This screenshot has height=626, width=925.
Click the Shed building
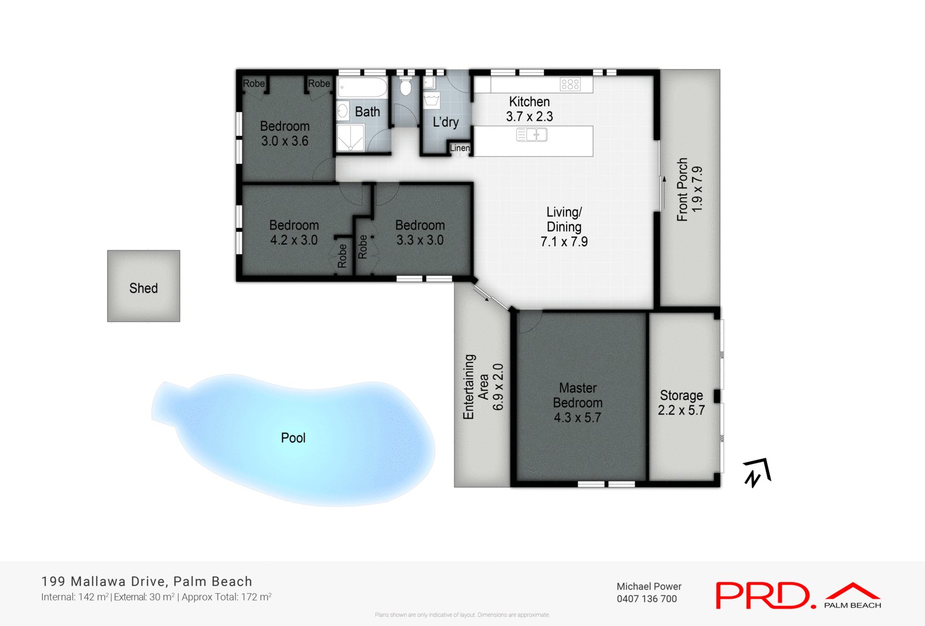143,286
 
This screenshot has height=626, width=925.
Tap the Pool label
293,438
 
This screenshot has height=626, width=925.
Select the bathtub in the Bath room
362,88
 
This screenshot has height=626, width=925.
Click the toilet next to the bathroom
405,87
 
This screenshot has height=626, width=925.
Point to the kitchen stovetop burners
570,85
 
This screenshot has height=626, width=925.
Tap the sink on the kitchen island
531,135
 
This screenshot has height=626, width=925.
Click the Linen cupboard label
460,148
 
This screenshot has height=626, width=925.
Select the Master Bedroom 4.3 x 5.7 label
578,403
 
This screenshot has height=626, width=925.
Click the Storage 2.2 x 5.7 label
682,403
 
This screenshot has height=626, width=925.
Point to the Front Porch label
690,189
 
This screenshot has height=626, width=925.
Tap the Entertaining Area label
483,386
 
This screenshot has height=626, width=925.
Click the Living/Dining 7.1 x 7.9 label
564,227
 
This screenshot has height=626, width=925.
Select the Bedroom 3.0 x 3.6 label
284,134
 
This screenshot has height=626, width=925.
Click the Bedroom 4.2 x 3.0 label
294,232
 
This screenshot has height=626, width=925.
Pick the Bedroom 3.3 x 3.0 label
420,232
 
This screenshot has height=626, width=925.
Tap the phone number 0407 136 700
646,599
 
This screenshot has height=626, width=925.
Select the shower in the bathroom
350,138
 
